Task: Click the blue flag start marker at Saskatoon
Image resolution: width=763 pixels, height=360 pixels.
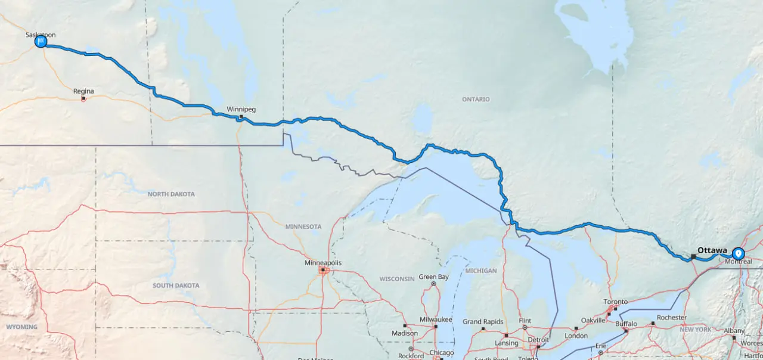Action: coord(41,42)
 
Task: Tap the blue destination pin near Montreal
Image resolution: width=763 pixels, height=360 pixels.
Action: coord(739,254)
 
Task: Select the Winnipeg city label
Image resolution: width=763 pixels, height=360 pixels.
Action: coord(241,109)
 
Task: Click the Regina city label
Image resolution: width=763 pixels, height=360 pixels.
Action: coord(83,91)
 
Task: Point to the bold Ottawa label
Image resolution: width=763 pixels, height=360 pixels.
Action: coord(712,250)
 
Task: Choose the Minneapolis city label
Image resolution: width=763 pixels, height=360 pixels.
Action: coord(323,263)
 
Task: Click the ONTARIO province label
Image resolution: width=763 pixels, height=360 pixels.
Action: coord(476,99)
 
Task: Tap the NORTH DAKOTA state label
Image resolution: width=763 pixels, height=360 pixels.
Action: coord(171,194)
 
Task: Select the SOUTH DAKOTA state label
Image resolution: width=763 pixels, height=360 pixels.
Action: coord(176,285)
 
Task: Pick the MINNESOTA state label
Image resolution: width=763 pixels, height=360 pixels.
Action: coord(303,226)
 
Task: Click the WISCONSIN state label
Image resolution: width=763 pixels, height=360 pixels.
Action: coord(397,278)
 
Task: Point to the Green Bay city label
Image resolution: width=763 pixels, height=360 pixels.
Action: coord(433,277)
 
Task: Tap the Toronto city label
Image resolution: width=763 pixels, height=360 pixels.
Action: coord(616,302)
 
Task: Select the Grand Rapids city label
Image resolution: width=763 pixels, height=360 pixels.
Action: coord(484,322)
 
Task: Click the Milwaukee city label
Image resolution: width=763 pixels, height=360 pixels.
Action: coord(436,320)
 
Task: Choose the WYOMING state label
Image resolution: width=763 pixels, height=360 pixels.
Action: coord(21,327)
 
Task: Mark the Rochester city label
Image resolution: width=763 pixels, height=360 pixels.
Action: coord(672,318)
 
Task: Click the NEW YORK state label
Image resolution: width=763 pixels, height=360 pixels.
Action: coord(695,330)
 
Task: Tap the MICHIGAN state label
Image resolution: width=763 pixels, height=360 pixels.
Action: coord(481,271)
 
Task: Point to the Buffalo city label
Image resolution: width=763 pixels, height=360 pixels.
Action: coord(626,324)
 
